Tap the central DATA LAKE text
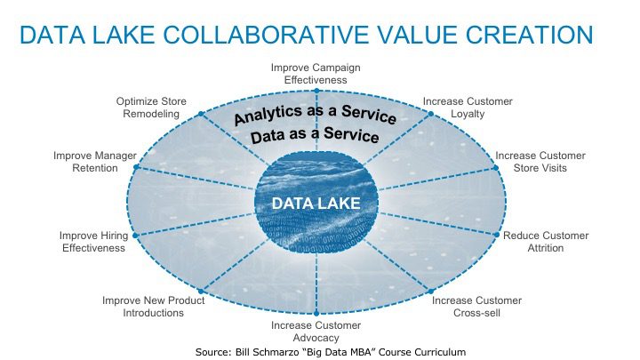click(x=316, y=204)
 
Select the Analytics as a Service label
click(x=315, y=115)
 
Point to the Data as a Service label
click(x=315, y=135)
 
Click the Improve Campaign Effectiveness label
click(x=316, y=74)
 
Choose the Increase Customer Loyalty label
click(x=468, y=108)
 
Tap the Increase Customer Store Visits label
click(x=540, y=162)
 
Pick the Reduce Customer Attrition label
click(x=546, y=242)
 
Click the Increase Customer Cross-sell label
click(x=476, y=307)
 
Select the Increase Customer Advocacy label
click(x=316, y=332)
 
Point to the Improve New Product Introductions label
click(x=154, y=307)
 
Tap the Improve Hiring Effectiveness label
click(x=94, y=242)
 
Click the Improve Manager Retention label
click(x=95, y=162)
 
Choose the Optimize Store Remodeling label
click(x=151, y=108)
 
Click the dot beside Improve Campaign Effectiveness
click(x=316, y=91)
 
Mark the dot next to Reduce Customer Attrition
click(x=497, y=235)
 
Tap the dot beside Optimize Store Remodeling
click(x=201, y=114)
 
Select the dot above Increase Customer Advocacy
click(x=316, y=314)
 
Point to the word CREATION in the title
click(x=529, y=35)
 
